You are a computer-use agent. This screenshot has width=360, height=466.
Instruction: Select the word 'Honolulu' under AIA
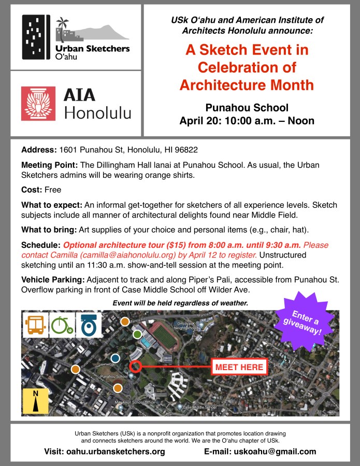[x=97, y=113]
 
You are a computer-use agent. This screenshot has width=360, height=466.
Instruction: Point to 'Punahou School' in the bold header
[x=247, y=108]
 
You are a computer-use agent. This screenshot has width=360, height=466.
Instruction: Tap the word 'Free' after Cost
[x=53, y=190]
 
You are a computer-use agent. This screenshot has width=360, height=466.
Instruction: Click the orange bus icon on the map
[x=34, y=324]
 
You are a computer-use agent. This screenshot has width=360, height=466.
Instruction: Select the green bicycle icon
[x=61, y=325]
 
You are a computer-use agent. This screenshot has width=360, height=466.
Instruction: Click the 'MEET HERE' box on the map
[x=239, y=367]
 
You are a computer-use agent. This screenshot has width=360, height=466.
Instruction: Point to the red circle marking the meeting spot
[x=136, y=366]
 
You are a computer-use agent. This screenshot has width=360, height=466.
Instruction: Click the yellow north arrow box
[x=35, y=401]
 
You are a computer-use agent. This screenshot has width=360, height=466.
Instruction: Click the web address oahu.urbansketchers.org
[x=116, y=451]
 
